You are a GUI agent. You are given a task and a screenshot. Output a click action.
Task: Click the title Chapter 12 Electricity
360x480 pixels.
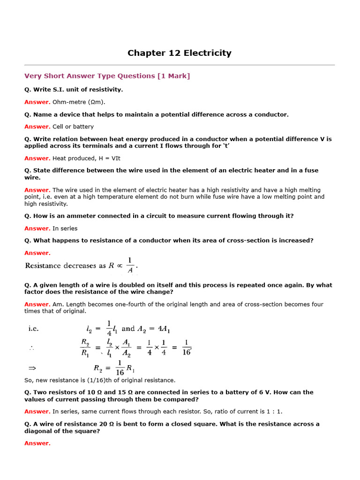pos(180,53)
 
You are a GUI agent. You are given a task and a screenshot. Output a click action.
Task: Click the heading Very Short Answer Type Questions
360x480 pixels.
pos(90,76)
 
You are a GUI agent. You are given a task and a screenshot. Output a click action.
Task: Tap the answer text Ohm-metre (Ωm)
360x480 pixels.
pos(79,102)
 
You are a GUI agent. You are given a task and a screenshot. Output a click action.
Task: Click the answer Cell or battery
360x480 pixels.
pos(73,127)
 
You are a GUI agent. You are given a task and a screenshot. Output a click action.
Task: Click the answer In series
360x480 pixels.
pos(65,228)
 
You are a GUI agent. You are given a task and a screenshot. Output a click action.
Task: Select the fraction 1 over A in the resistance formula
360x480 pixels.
pos(130,265)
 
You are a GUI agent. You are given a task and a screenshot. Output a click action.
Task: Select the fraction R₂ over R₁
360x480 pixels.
pos(85,347)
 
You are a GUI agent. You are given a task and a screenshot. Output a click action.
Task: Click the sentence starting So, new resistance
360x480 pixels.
pos(100,380)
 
